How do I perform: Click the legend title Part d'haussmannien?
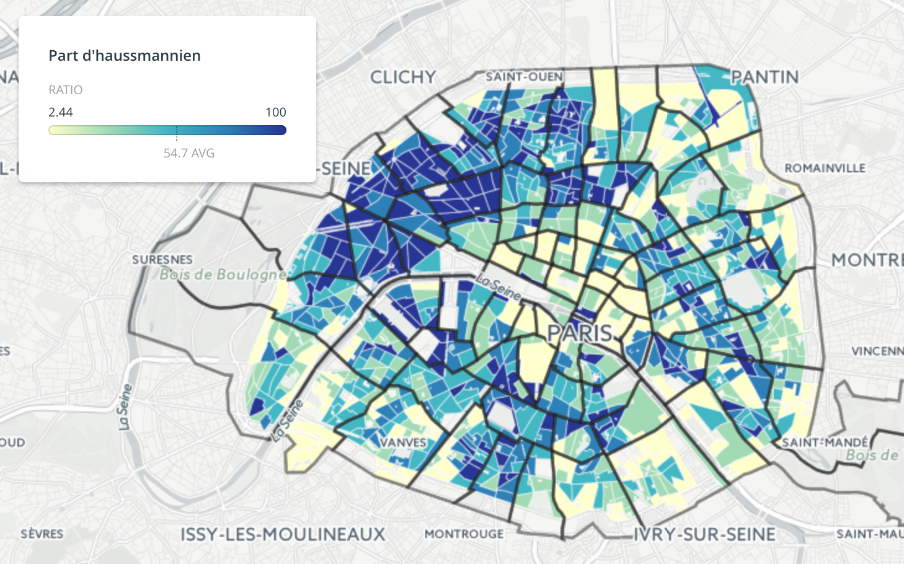pyautogui.click(x=125, y=56)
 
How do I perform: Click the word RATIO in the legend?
pyautogui.click(x=65, y=90)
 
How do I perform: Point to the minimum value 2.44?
pyautogui.click(x=61, y=112)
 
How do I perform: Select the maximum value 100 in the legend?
pyautogui.click(x=275, y=112)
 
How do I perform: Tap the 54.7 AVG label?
pyautogui.click(x=188, y=153)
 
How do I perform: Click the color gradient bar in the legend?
pyautogui.click(x=167, y=130)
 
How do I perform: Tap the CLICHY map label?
pyautogui.click(x=403, y=77)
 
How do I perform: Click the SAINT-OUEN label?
pyautogui.click(x=524, y=76)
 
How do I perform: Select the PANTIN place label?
pyautogui.click(x=764, y=77)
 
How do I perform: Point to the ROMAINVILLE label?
pyautogui.click(x=825, y=169)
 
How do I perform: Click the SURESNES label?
pyautogui.click(x=162, y=259)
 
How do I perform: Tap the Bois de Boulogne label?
pyautogui.click(x=223, y=274)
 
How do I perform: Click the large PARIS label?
pyautogui.click(x=580, y=333)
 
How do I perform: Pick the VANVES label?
pyautogui.click(x=403, y=443)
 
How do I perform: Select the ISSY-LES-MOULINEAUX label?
pyautogui.click(x=283, y=534)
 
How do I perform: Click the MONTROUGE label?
pyautogui.click(x=464, y=534)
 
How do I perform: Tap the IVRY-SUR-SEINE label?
pyautogui.click(x=704, y=534)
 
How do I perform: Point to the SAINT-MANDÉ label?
pyautogui.click(x=825, y=443)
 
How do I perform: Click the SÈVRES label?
pyautogui.click(x=42, y=534)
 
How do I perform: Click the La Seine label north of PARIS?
pyautogui.click(x=499, y=288)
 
